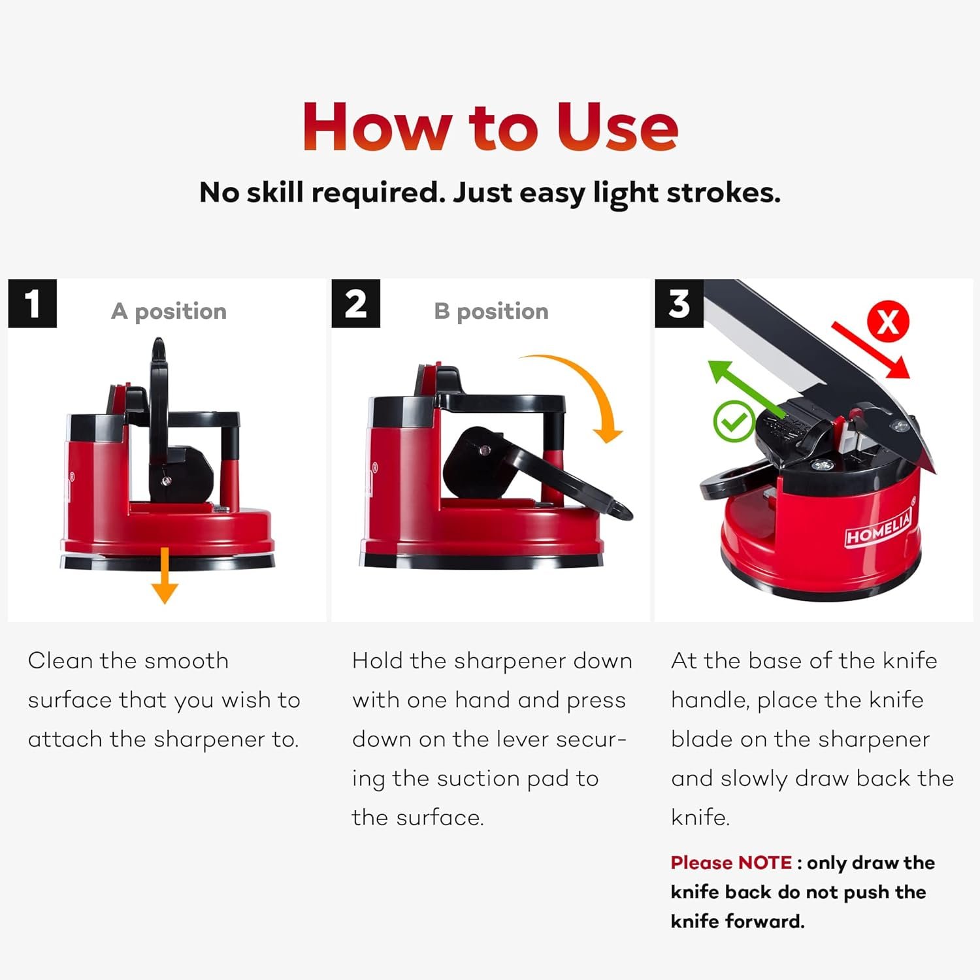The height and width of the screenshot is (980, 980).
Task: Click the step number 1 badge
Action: [32, 303]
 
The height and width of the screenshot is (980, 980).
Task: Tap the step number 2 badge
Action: [355, 303]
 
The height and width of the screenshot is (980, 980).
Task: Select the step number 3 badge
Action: [679, 303]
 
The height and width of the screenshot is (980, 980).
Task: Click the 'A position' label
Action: [169, 312]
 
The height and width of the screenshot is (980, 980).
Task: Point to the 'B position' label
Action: [491, 312]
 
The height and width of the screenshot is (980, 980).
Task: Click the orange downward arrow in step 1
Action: [165, 576]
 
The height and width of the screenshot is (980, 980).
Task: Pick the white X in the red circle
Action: [888, 321]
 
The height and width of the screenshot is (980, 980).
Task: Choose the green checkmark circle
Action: [734, 421]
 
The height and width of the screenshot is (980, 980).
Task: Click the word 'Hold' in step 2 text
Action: [378, 661]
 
